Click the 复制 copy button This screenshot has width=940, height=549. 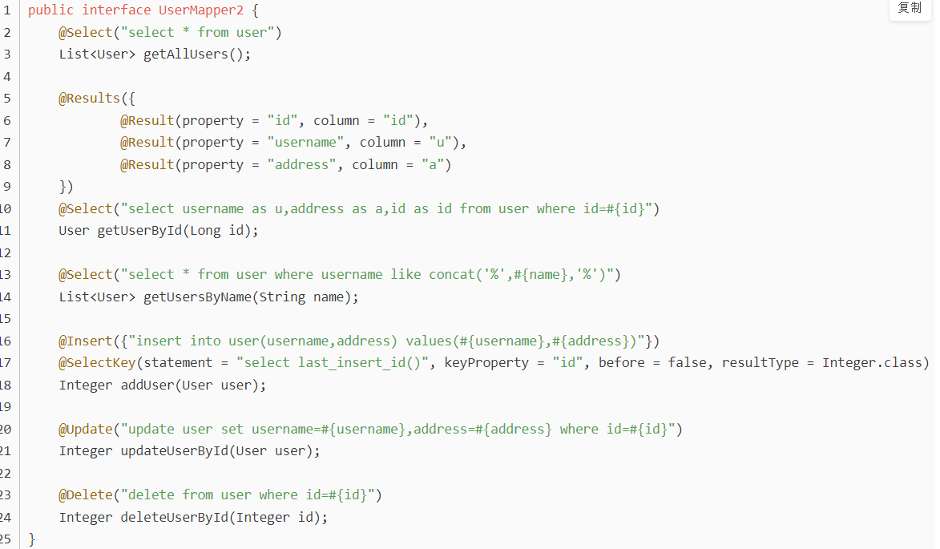pos(910,8)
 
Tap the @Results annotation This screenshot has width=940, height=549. pos(89,99)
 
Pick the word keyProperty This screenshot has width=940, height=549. pos(486,363)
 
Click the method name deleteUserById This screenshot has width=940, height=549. pos(174,518)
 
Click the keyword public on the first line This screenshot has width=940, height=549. pos(50,10)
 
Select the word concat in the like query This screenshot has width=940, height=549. pos(452,275)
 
